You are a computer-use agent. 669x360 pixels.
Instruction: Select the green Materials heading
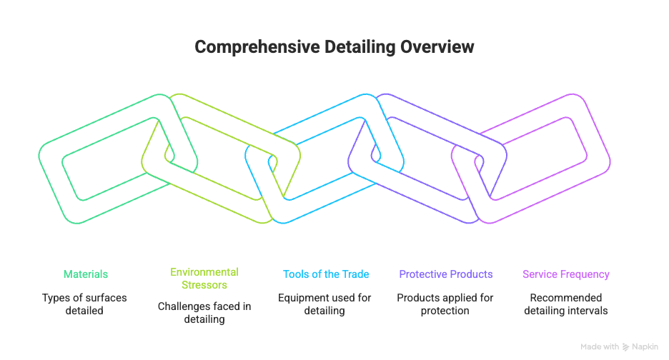(86, 274)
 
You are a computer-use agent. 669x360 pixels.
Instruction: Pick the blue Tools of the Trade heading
(326, 274)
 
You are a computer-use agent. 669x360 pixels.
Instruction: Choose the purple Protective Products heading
(446, 274)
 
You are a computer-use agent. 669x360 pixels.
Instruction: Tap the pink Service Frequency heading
(566, 274)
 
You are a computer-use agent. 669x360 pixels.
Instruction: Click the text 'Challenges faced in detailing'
(204, 313)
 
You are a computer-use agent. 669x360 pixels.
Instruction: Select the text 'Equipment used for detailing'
(326, 304)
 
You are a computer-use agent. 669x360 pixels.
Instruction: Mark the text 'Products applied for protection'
(446, 304)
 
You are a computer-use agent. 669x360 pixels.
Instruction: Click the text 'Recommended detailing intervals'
(566, 304)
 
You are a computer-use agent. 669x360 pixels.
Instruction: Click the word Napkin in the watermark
(645, 347)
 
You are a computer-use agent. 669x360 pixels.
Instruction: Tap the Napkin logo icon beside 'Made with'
(626, 347)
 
